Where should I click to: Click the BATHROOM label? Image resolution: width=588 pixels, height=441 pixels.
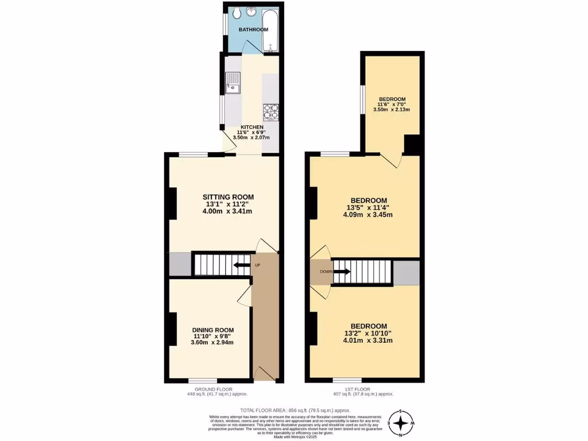(x=253, y=30)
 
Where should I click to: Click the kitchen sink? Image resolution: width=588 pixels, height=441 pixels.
(x=234, y=83)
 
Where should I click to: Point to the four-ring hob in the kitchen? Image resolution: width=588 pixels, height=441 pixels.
(x=270, y=111)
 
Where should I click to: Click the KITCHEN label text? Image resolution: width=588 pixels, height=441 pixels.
(x=252, y=127)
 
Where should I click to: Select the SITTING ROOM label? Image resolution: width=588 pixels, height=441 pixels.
(x=227, y=197)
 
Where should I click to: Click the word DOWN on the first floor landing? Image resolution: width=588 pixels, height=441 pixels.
(x=325, y=272)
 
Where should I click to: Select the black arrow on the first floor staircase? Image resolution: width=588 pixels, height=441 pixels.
(x=342, y=272)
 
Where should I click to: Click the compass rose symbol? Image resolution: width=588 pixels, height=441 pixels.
(x=404, y=424)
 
